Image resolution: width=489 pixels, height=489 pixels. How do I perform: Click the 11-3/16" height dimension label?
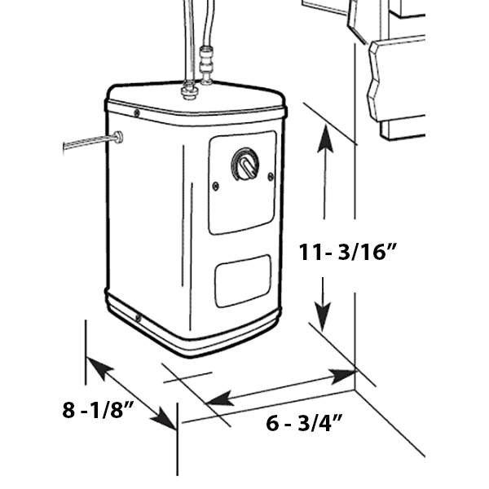(347, 252)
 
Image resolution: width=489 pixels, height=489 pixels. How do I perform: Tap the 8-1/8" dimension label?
(98, 410)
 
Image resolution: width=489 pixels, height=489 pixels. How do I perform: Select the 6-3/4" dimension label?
(304, 423)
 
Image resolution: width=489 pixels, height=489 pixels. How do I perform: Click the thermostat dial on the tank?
(245, 164)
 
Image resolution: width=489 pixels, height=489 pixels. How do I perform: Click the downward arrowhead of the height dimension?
(323, 316)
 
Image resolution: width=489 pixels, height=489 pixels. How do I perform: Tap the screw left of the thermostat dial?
(215, 186)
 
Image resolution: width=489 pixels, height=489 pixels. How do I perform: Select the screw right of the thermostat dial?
(271, 177)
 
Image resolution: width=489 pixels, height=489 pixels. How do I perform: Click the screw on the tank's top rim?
(136, 113)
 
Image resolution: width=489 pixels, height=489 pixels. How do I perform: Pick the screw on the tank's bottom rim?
(138, 319)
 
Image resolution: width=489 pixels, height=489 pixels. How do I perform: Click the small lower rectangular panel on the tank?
(243, 280)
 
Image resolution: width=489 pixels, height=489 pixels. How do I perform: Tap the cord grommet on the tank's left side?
(118, 137)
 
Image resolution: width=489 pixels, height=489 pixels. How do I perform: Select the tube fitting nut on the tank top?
(189, 90)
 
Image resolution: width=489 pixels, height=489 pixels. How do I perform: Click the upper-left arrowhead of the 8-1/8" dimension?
(99, 368)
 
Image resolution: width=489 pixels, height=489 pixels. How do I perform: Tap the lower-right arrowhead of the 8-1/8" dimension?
(163, 417)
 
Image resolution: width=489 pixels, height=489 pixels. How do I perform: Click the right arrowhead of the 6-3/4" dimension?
(342, 376)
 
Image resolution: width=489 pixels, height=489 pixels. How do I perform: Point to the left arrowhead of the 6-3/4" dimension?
(220, 399)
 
